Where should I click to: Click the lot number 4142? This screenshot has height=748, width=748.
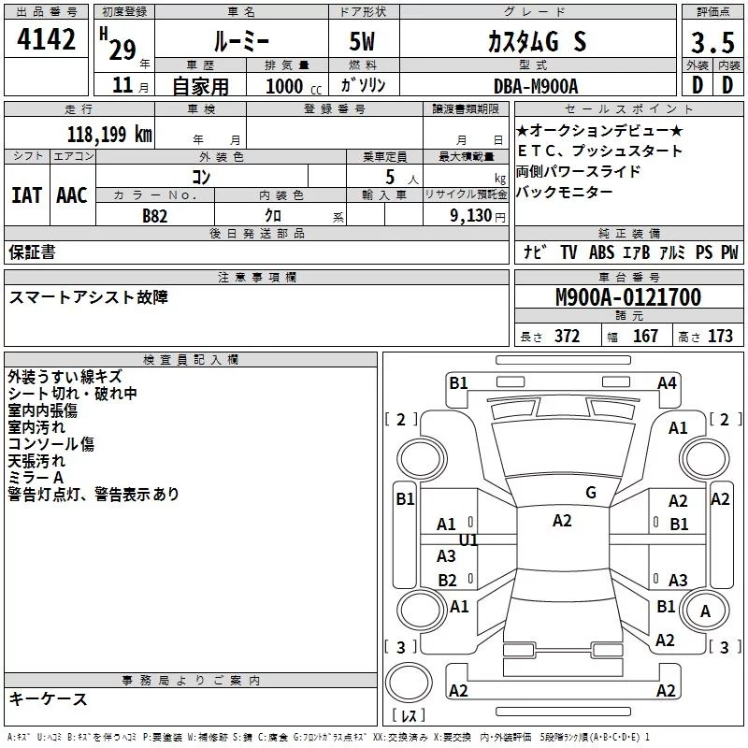(46, 39)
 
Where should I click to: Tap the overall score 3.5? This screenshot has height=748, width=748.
(712, 42)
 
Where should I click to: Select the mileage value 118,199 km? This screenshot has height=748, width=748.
(109, 135)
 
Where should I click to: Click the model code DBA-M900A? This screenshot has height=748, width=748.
(536, 86)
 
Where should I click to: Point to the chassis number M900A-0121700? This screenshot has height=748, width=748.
(628, 297)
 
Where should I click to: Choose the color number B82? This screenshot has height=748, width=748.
(155, 216)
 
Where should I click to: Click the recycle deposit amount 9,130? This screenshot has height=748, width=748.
(471, 216)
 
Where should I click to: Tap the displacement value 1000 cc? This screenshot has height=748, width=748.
(294, 86)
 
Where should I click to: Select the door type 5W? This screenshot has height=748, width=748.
(362, 41)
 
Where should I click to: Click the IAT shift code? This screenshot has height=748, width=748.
(26, 195)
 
